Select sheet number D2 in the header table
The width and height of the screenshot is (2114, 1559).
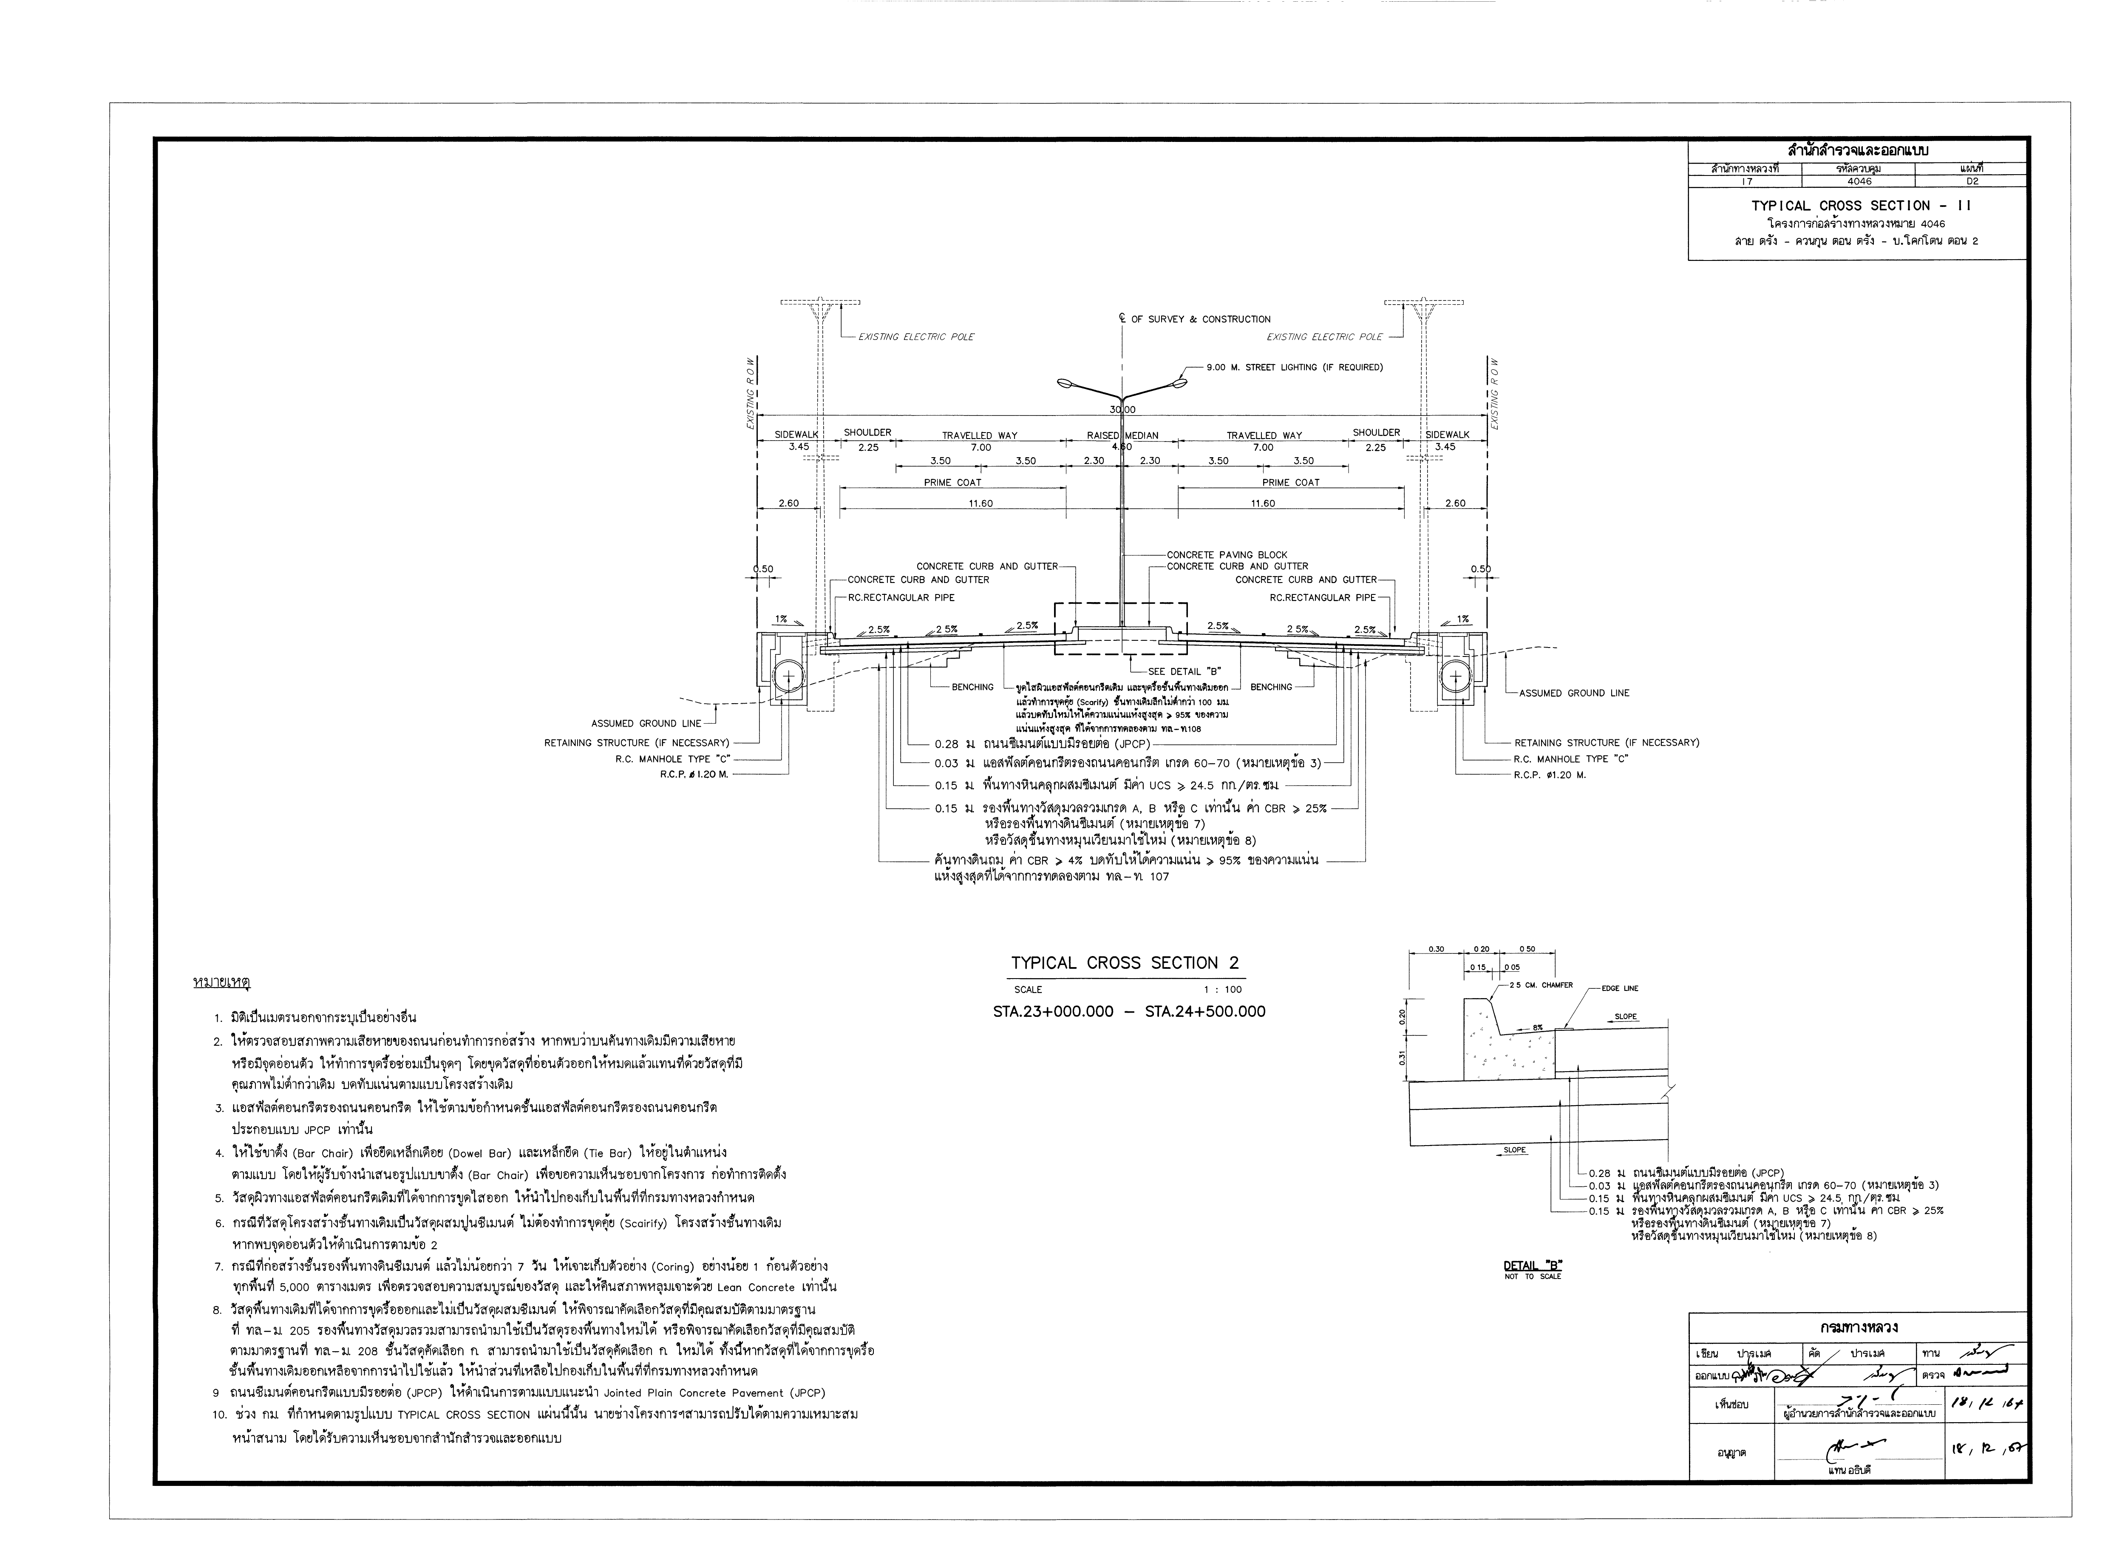(1972, 181)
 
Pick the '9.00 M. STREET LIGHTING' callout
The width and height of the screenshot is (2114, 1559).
(1295, 367)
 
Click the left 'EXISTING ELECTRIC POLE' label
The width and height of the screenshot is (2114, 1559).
(915, 337)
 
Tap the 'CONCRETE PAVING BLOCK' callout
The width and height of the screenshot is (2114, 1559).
(1227, 555)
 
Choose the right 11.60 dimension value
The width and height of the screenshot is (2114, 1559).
(1263, 504)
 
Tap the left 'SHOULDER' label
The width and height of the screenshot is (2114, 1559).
(867, 432)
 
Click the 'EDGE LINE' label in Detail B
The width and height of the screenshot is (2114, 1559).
(1619, 988)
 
